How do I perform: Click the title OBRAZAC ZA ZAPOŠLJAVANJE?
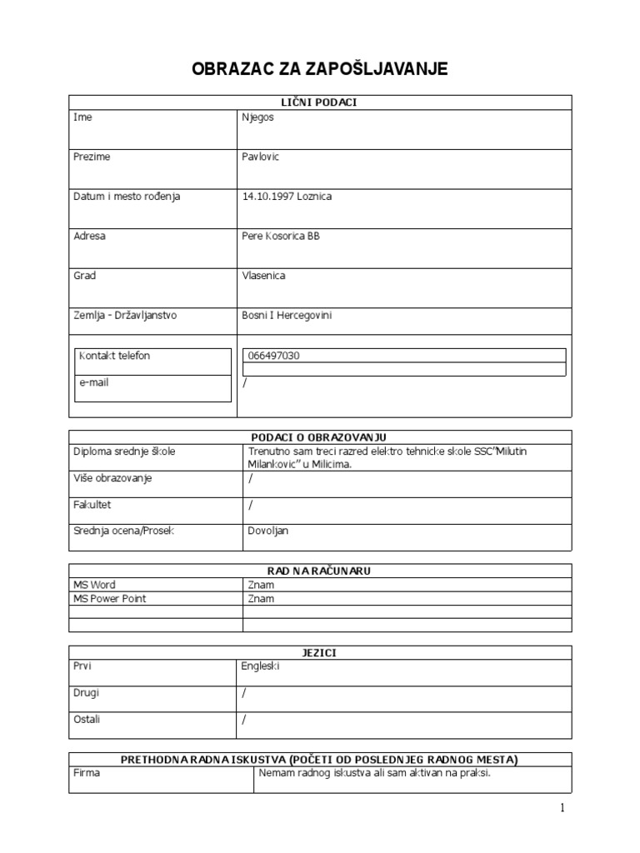point(320,68)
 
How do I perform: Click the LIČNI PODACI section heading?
point(320,102)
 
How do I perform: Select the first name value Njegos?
point(257,117)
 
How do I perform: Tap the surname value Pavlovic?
point(260,157)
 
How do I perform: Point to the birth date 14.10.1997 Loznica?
point(286,197)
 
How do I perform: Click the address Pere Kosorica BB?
point(279,236)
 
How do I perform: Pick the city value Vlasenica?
point(262,276)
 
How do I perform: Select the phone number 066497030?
point(274,356)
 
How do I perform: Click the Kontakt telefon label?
point(114,356)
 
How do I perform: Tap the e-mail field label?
point(93,382)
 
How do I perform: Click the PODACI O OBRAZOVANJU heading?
point(320,437)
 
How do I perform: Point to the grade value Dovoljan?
point(268,530)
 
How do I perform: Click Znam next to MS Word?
point(260,585)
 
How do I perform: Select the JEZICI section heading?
point(320,653)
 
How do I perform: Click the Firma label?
point(87,773)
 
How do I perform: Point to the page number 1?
point(562,808)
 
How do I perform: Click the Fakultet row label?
point(92,504)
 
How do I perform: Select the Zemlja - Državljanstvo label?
point(125,316)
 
